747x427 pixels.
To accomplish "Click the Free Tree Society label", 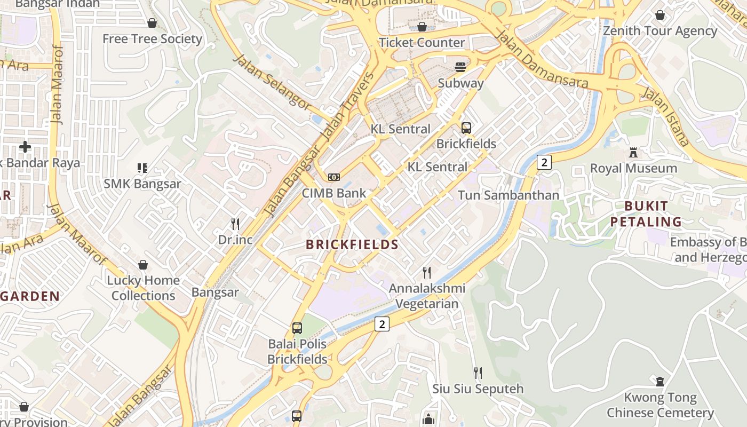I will pyautogui.click(x=152, y=39).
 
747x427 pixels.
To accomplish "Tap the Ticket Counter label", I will pyautogui.click(x=422, y=43).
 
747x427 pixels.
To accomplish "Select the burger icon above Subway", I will pyautogui.click(x=460, y=67).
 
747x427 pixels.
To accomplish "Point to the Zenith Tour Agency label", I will pyautogui.click(x=660, y=31).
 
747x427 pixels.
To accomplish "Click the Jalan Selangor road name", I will pyautogui.click(x=272, y=83).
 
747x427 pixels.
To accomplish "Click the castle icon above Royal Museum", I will pyautogui.click(x=633, y=153).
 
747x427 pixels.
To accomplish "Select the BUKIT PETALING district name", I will pyautogui.click(x=646, y=214).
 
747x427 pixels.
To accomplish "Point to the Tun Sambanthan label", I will pyautogui.click(x=508, y=195).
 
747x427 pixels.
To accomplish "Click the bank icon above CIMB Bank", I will pyautogui.click(x=334, y=177).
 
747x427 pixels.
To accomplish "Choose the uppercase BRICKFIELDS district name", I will pyautogui.click(x=352, y=245).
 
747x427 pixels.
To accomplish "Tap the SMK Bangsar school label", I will pyautogui.click(x=142, y=184).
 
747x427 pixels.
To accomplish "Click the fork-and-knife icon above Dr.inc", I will pyautogui.click(x=235, y=224).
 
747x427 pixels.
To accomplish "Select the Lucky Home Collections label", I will pyautogui.click(x=143, y=288).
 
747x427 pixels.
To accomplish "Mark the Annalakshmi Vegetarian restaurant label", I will pyautogui.click(x=427, y=296).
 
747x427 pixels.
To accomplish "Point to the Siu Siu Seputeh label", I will pyautogui.click(x=478, y=389).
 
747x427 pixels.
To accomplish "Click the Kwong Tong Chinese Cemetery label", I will pyautogui.click(x=660, y=405).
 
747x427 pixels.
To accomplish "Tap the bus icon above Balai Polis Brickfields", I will pyautogui.click(x=297, y=328).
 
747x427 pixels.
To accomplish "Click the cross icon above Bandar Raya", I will pyautogui.click(x=25, y=146).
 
